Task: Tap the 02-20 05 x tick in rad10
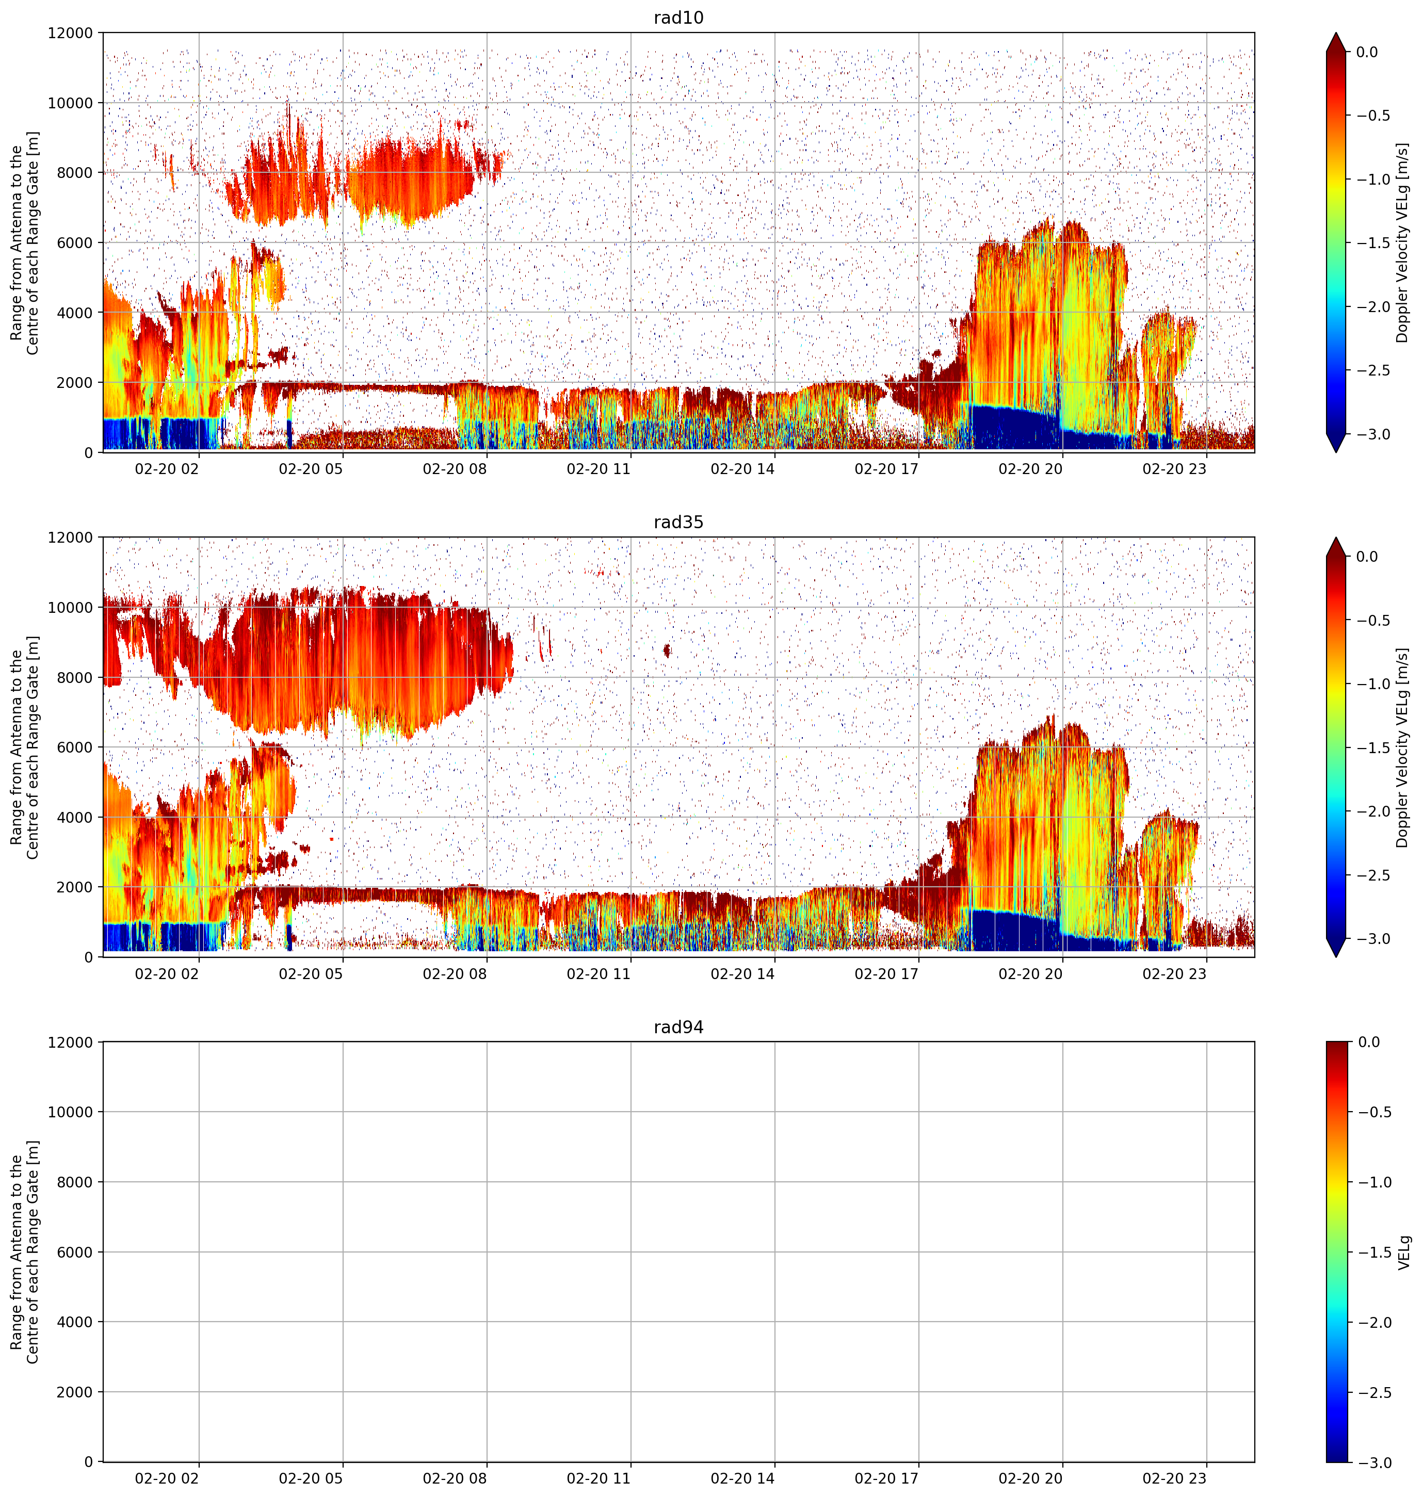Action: coord(311,469)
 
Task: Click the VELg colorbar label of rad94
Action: coord(1404,1252)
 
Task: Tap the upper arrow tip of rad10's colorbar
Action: coord(1336,32)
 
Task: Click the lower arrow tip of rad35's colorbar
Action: coord(1336,957)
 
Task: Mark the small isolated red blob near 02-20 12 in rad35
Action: coord(667,650)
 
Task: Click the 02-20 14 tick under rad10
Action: coord(742,469)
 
